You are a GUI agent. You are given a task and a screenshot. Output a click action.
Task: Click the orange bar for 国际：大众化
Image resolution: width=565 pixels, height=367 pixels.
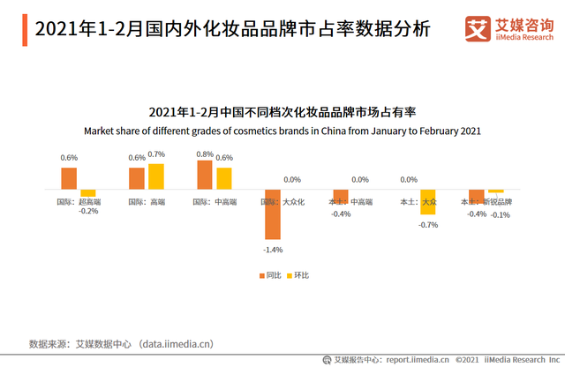click(x=273, y=214)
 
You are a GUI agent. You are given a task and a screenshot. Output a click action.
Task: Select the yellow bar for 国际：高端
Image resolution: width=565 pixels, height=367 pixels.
click(x=156, y=176)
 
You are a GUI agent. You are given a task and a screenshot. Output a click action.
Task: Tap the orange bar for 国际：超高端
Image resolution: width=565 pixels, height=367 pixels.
click(x=69, y=178)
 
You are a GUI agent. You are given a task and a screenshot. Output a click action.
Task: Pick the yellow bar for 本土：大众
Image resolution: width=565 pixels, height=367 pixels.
click(x=428, y=203)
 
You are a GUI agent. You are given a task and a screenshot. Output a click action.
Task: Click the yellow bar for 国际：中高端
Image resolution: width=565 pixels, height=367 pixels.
click(x=224, y=178)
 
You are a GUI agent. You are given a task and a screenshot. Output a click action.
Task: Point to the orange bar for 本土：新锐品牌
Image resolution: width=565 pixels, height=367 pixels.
click(x=477, y=197)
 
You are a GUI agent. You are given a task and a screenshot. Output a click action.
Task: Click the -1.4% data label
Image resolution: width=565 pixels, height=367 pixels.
click(x=273, y=250)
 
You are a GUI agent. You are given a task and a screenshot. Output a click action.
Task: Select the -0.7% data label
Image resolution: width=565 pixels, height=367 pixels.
click(x=428, y=225)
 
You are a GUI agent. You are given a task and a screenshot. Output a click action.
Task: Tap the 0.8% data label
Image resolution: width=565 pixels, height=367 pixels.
click(x=204, y=154)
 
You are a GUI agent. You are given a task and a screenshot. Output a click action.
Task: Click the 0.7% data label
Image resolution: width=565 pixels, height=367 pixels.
click(x=156, y=154)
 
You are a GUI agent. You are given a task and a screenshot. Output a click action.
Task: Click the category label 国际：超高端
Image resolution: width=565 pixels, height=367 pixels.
click(x=78, y=202)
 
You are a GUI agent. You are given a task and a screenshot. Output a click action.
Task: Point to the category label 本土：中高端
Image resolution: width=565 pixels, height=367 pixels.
click(x=350, y=202)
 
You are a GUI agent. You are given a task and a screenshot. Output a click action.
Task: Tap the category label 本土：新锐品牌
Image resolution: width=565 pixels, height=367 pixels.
click(x=486, y=202)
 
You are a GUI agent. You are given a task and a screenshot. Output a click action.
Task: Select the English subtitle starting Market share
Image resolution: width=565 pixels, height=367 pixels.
click(x=282, y=131)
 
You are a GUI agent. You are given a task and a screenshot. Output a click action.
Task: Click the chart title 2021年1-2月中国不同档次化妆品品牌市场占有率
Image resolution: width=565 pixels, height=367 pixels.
click(x=282, y=113)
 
